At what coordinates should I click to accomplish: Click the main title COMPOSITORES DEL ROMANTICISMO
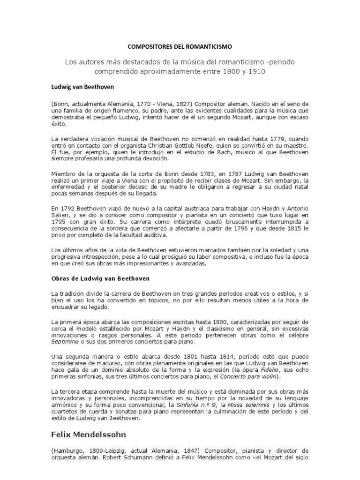pyautogui.click(x=180, y=47)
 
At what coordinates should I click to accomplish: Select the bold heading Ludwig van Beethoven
pyautogui.click(x=82, y=87)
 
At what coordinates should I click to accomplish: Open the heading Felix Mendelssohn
pyautogui.click(x=89, y=435)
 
